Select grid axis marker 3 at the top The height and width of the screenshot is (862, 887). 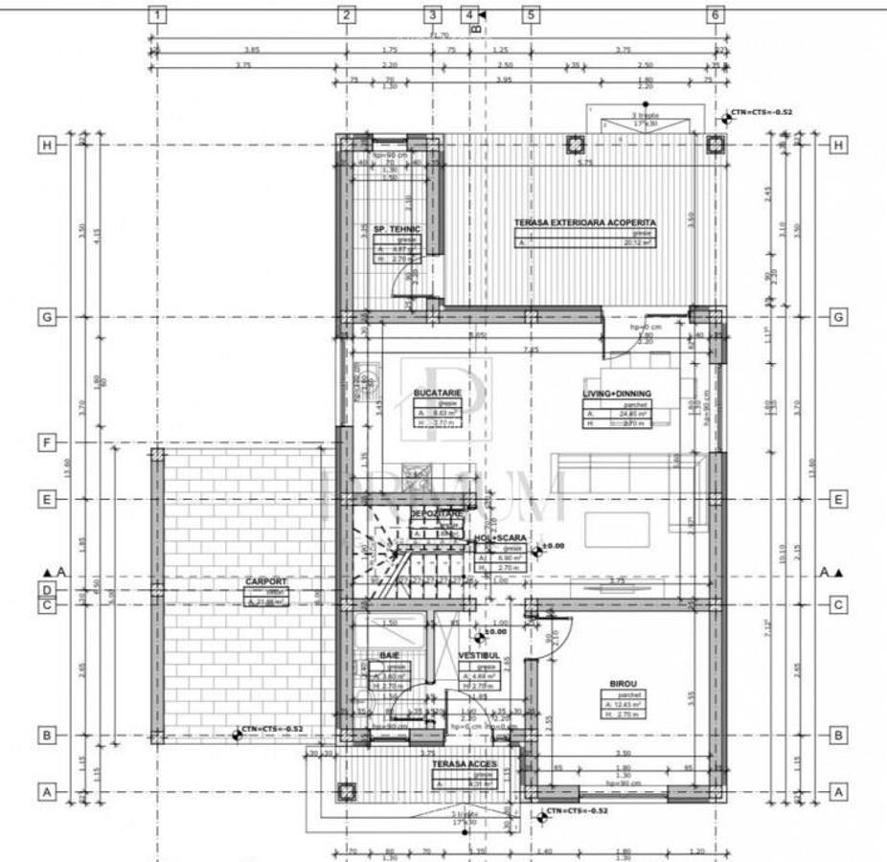(433, 14)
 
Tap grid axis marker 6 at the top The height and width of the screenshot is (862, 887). (715, 14)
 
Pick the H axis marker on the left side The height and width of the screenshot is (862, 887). (45, 145)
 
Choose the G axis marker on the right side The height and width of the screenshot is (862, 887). (838, 317)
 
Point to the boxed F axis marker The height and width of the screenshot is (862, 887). (45, 442)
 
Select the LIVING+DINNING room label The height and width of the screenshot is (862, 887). (617, 393)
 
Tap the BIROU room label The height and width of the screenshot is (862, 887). (623, 684)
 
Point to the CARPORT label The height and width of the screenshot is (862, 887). (265, 580)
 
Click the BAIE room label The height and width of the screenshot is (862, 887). (389, 654)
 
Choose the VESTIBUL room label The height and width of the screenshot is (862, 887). (479, 655)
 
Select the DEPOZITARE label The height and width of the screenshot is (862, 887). (437, 514)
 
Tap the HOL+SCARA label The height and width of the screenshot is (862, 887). (503, 538)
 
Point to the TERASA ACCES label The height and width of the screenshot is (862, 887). (464, 764)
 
